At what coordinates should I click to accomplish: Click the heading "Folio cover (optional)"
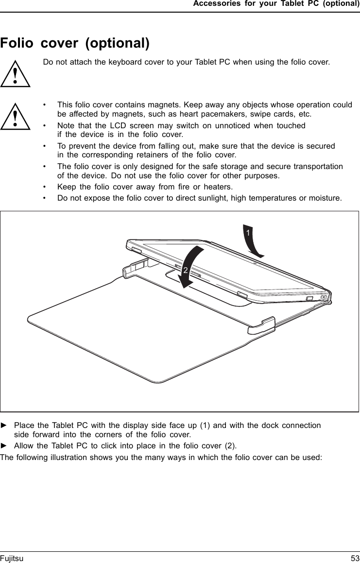tap(75, 43)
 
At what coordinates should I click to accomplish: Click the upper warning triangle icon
tap(16, 74)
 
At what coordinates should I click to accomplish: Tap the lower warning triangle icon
tap(16, 117)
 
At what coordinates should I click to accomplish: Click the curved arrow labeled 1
tap(252, 240)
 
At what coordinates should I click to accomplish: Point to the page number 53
tap(355, 559)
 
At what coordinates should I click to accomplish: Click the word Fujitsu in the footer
tap(12, 559)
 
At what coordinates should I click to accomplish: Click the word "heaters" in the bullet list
tap(218, 187)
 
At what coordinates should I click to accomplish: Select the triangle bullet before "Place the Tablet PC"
tap(4, 425)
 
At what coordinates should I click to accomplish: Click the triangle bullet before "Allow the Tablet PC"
tap(4, 445)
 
